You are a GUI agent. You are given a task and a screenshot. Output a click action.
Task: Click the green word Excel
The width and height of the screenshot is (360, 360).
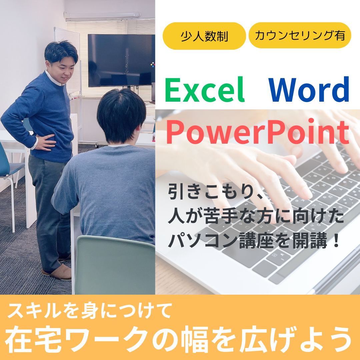point(205,90)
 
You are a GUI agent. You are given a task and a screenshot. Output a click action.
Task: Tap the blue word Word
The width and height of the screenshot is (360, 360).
point(309,90)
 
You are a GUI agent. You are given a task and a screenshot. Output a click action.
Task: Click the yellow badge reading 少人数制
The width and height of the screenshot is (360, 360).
point(204,36)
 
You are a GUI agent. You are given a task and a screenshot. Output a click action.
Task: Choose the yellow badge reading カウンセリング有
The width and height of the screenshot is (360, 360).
point(300,35)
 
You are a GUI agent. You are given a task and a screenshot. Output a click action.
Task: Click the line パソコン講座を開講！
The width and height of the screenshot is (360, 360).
point(254,240)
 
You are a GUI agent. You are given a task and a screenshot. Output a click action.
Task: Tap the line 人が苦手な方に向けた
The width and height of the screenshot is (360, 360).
point(256,217)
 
